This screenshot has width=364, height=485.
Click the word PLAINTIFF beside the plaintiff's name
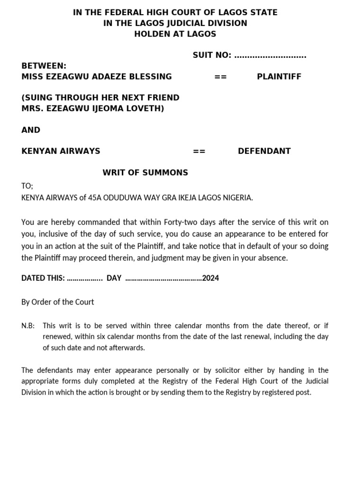pyautogui.click(x=279, y=77)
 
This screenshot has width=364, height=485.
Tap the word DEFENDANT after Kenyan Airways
pyautogui.click(x=264, y=151)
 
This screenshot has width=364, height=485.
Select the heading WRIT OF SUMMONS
pyautogui.click(x=145, y=172)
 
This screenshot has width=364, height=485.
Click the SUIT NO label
pyautogui.click(x=212, y=55)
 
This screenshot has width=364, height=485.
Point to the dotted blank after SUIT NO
pyautogui.click(x=270, y=56)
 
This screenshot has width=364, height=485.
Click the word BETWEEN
pyautogui.click(x=44, y=66)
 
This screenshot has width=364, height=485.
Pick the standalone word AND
pyautogui.click(x=31, y=130)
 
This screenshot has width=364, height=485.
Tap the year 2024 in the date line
pyautogui.click(x=210, y=278)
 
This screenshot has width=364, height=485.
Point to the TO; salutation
pyautogui.click(x=27, y=187)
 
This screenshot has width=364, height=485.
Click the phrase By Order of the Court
pyautogui.click(x=58, y=302)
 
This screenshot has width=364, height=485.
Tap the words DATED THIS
pyautogui.click(x=43, y=278)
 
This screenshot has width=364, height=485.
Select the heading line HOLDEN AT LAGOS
pyautogui.click(x=175, y=34)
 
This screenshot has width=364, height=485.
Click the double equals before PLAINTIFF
pyautogui.click(x=221, y=77)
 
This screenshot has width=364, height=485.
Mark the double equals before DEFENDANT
pyautogui.click(x=199, y=151)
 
